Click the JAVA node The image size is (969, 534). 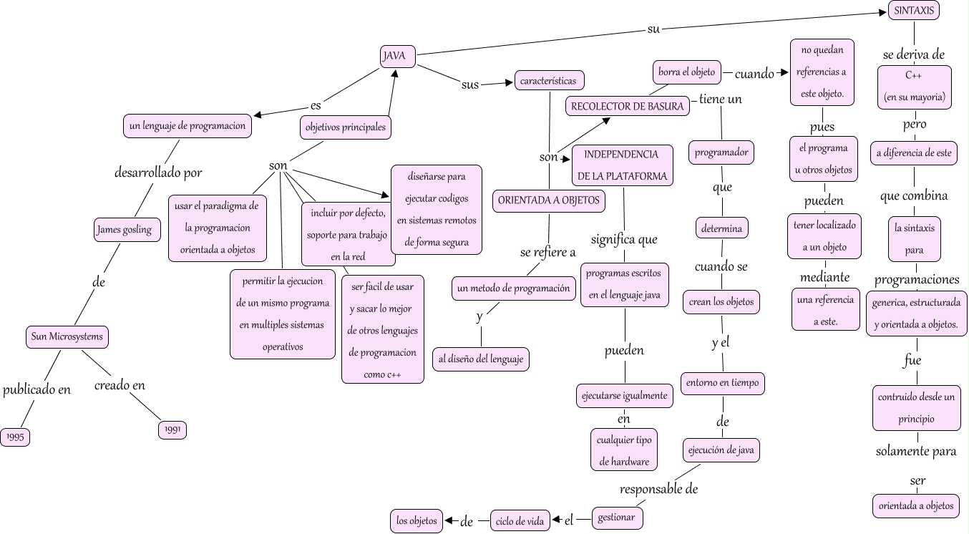[x=398, y=57]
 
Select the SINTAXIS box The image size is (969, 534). [x=914, y=11]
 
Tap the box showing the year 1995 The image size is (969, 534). [x=15, y=436]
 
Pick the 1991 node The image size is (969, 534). [x=172, y=429]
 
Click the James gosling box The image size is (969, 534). [x=124, y=230]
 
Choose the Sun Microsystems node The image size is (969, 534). [x=67, y=336]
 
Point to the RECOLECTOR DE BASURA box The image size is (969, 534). [x=628, y=107]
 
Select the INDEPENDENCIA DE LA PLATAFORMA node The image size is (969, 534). [x=622, y=165]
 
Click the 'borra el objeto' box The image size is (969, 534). [x=687, y=72]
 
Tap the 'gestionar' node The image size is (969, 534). [x=616, y=518]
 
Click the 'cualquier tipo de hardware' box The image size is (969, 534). [x=624, y=450]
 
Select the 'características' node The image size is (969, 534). [x=548, y=81]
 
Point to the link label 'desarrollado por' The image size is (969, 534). [x=158, y=173]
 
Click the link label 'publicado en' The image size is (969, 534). [x=37, y=390]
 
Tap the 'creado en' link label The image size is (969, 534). [x=120, y=386]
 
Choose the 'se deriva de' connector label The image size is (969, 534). [x=914, y=54]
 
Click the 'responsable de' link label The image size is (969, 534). [x=658, y=490]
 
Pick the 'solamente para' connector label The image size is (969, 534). [x=916, y=452]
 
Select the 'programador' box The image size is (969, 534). [x=722, y=152]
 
